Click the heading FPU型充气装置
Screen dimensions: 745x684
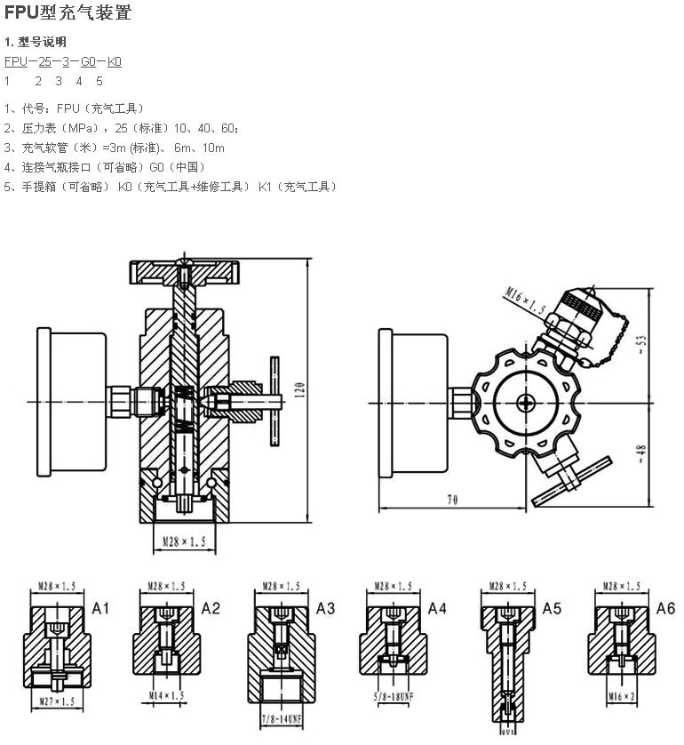click(68, 13)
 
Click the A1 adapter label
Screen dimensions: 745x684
click(101, 608)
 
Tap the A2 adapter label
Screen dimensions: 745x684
click(211, 608)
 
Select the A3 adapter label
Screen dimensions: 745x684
click(326, 608)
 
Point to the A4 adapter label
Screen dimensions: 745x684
click(437, 608)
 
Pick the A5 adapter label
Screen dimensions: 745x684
click(552, 608)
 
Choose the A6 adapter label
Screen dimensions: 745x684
click(665, 608)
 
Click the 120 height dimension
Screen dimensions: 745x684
click(299, 389)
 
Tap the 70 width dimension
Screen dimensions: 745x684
click(452, 501)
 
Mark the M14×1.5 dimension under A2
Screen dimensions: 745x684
click(166, 695)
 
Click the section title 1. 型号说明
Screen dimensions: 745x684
click(36, 42)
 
